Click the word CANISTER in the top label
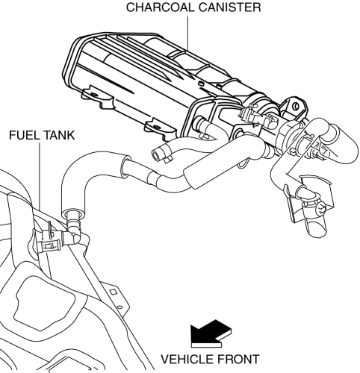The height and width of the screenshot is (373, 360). click(230, 7)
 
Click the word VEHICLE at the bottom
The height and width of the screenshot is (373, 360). click(187, 360)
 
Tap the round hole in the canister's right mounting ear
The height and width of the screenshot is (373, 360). click(297, 106)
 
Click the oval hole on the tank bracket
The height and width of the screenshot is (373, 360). click(120, 307)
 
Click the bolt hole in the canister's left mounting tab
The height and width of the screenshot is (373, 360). click(94, 95)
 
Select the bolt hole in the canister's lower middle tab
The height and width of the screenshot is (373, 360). click(156, 126)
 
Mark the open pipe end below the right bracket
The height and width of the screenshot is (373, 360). click(317, 228)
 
